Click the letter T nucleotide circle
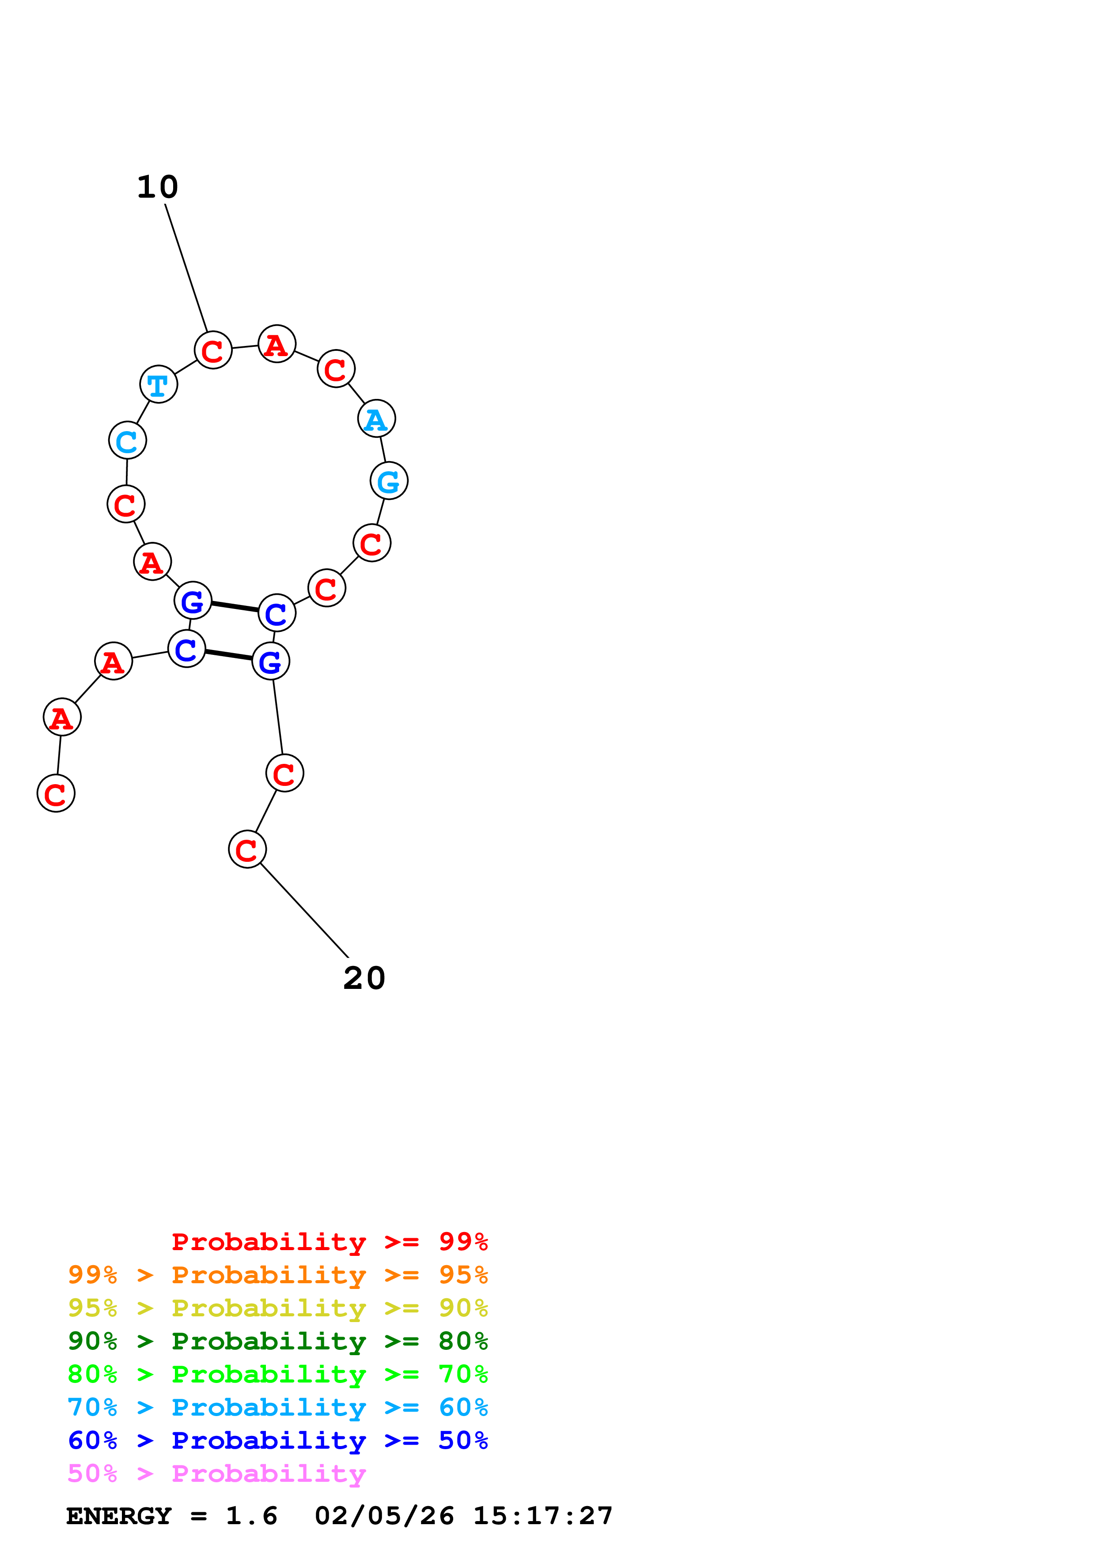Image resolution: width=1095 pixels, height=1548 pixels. [159, 384]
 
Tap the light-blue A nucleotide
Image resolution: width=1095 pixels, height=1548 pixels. [376, 419]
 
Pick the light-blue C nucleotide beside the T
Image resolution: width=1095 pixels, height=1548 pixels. [128, 440]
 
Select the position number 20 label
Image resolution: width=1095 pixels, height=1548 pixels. [364, 978]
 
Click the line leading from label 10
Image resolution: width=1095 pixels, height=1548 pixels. [186, 268]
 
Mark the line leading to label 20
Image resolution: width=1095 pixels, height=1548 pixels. [304, 910]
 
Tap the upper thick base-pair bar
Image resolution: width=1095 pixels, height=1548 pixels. [235, 607]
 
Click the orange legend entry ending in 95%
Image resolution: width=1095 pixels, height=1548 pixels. [277, 1275]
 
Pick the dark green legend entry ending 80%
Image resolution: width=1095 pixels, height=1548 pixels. [277, 1341]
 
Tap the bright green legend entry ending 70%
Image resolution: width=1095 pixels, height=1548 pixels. [277, 1374]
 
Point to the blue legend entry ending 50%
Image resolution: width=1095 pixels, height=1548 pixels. [277, 1440]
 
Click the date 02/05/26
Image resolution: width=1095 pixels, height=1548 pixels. [384, 1516]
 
